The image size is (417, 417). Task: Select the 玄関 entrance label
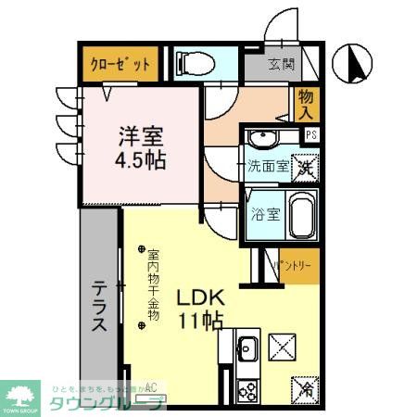(282, 65)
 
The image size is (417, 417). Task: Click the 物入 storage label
(307, 105)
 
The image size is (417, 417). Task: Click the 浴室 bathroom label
(266, 215)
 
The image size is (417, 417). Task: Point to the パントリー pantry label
(296, 265)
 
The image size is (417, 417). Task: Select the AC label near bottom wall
(150, 386)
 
